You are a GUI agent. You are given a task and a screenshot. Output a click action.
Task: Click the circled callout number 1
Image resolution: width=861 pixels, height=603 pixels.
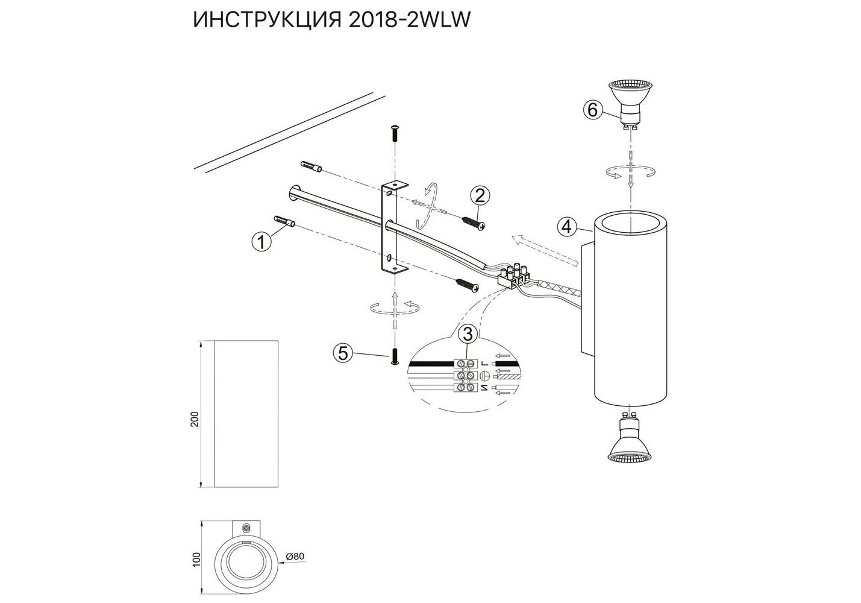(261, 242)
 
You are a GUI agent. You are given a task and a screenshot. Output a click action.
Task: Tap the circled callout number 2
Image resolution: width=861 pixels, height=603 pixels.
(480, 196)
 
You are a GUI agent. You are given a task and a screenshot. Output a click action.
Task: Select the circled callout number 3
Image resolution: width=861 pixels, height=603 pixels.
(468, 335)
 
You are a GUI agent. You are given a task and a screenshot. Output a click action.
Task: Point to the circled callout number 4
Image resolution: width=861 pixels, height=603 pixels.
(567, 227)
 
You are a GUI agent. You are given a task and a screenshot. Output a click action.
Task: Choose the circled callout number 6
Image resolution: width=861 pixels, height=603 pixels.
(592, 110)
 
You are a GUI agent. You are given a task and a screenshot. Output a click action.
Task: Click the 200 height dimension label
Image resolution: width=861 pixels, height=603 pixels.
(196, 419)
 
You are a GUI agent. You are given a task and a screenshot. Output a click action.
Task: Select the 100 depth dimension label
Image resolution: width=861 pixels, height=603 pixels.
(196, 559)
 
